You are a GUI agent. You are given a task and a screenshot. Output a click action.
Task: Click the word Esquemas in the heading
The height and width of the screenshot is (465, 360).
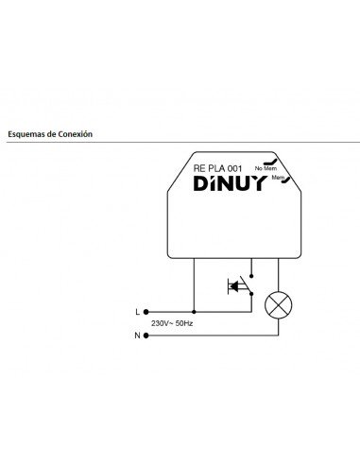[x=26, y=134]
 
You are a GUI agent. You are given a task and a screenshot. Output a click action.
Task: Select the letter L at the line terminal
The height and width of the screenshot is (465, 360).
[x=137, y=311]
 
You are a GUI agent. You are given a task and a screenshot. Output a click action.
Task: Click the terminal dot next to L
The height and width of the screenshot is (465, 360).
[x=146, y=311]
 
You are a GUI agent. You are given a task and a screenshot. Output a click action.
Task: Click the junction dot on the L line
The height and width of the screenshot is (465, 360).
[x=194, y=311]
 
